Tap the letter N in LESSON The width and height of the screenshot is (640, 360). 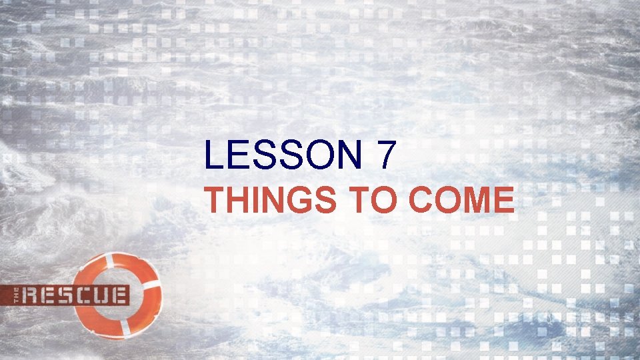pyautogui.click(x=347, y=156)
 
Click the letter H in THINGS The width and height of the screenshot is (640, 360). pyautogui.click(x=239, y=200)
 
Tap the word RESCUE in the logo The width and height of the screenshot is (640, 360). pyautogui.click(x=75, y=294)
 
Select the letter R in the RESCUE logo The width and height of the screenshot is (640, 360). pyautogui.click(x=30, y=294)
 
